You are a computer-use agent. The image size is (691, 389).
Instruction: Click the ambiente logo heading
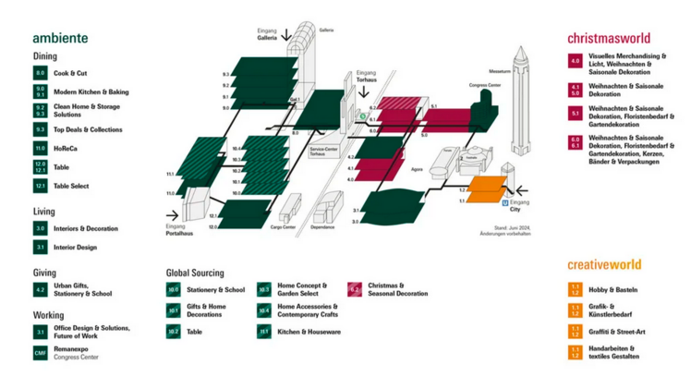pyautogui.click(x=60, y=38)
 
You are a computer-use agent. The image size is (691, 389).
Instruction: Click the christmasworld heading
pyautogui.click(x=608, y=38)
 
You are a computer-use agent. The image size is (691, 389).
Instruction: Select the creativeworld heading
pyautogui.click(x=604, y=264)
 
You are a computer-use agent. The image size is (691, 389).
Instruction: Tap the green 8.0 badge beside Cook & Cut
pyautogui.click(x=40, y=73)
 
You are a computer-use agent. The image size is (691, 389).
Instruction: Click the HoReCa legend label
pyautogui.click(x=66, y=148)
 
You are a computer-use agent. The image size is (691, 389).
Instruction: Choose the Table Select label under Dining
pyautogui.click(x=71, y=186)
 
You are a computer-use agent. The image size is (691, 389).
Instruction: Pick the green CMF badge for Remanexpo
pyautogui.click(x=40, y=352)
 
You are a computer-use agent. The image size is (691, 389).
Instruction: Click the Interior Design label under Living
pyautogui.click(x=75, y=247)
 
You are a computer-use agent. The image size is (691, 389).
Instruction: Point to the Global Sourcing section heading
pyautogui.click(x=196, y=273)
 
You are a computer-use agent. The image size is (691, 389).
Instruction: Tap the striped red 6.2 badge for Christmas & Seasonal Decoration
pyautogui.click(x=355, y=289)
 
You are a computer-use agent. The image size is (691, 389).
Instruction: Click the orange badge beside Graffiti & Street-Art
pyautogui.click(x=575, y=330)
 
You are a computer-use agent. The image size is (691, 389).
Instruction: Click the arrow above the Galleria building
pyautogui.click(x=286, y=35)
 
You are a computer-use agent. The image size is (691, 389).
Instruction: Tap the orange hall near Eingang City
pyautogui.click(x=482, y=189)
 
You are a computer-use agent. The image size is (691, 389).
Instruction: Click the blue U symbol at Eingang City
pyautogui.click(x=504, y=201)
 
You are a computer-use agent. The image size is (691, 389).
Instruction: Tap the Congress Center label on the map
pyautogui.click(x=484, y=85)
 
